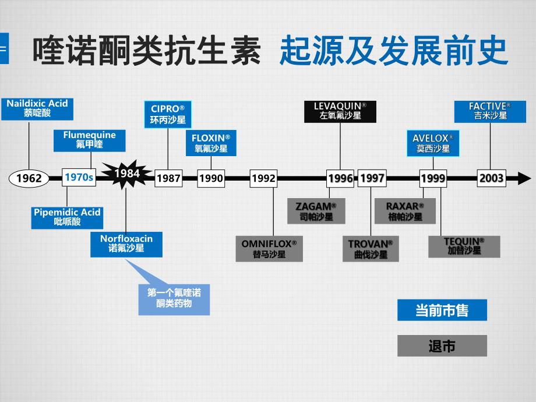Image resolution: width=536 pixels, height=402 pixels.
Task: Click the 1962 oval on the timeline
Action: (29, 178)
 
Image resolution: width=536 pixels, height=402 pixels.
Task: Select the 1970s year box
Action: (79, 177)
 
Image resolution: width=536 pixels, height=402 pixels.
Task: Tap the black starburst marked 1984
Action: (126, 173)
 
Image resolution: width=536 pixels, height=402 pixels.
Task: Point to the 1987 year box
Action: (168, 178)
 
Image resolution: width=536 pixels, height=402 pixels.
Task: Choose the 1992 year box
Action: (263, 178)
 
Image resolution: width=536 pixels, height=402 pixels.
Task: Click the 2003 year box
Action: (491, 178)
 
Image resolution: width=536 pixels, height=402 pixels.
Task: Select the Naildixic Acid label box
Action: (37, 108)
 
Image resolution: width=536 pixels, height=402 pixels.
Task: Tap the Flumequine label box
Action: (89, 140)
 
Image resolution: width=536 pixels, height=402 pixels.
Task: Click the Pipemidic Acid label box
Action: (67, 217)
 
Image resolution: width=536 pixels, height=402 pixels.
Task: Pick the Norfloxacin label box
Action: (126, 244)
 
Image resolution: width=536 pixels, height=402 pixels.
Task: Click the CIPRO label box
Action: (168, 114)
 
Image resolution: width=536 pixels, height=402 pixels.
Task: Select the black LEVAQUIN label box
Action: (340, 111)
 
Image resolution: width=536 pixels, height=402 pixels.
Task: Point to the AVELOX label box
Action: (433, 143)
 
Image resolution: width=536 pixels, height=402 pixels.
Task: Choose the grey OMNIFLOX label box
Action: (269, 249)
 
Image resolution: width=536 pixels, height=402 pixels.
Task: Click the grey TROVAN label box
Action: (371, 249)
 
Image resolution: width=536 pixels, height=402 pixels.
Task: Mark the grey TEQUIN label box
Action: (464, 246)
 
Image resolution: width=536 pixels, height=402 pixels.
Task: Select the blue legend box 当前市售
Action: (442, 310)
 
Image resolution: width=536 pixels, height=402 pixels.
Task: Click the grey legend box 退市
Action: (442, 346)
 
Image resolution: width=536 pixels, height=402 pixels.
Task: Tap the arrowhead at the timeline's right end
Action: (524, 178)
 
